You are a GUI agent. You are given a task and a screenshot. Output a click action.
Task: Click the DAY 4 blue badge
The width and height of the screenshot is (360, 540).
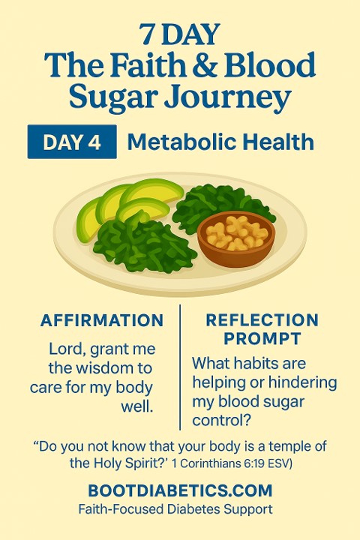[x=72, y=142]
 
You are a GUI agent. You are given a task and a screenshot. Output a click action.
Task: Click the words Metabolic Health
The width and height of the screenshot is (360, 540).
[x=220, y=142]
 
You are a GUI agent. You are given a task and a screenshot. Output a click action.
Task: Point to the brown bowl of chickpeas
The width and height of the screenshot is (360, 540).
[x=236, y=238]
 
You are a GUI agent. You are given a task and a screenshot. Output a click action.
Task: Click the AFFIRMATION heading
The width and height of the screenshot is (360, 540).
[x=102, y=320]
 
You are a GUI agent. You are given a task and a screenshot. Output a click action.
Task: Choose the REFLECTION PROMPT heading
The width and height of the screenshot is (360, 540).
[x=262, y=329]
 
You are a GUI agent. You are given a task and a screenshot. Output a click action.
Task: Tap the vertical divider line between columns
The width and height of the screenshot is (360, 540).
[x=180, y=367]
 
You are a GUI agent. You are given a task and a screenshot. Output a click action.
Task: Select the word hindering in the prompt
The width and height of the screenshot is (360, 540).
[x=302, y=383]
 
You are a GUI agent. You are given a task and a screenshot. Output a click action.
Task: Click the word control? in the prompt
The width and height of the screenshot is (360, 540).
[x=221, y=421]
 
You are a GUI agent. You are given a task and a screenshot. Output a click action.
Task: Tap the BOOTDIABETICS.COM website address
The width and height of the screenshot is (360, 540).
[x=180, y=490]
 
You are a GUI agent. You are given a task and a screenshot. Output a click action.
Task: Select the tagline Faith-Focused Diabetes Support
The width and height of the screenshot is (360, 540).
[x=175, y=509]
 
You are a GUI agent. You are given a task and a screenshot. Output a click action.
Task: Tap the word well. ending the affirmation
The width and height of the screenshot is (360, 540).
[x=136, y=406]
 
